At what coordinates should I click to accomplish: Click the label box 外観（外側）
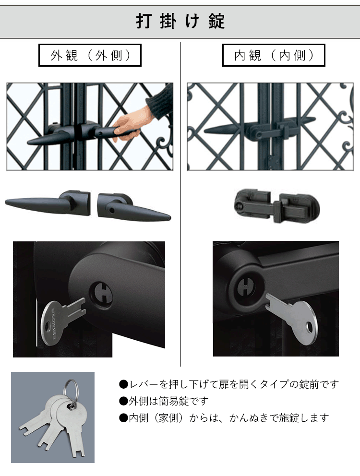pyautogui.click(x=90, y=56)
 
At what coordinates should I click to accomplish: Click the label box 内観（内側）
pyautogui.click(x=274, y=56)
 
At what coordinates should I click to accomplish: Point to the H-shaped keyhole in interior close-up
pyautogui.click(x=247, y=287)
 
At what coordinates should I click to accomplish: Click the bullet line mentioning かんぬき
pyautogui.click(x=224, y=418)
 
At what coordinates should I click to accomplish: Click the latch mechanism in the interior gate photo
pyautogui.click(x=269, y=130)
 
